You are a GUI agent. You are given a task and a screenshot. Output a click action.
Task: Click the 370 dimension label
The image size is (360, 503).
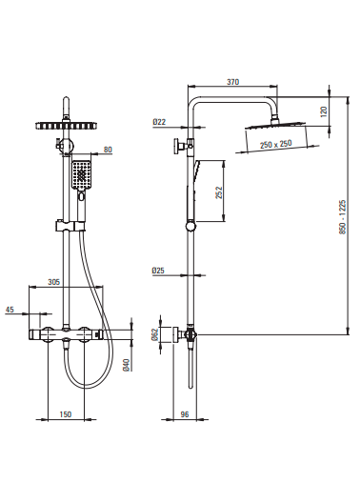click(x=233, y=82)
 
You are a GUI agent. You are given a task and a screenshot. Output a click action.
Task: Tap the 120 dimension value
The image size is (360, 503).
click(x=324, y=111)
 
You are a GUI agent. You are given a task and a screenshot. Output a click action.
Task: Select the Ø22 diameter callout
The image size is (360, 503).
click(x=159, y=122)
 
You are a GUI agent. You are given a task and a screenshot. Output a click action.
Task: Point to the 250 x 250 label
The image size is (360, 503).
click(x=275, y=144)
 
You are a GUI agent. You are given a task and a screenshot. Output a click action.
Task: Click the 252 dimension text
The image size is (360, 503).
click(x=219, y=192)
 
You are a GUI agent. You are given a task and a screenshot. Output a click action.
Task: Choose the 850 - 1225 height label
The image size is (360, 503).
click(x=343, y=217)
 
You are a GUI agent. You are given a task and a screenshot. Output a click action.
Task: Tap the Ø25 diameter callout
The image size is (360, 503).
click(x=158, y=271)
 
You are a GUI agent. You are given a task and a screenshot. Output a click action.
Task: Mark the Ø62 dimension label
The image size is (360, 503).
click(x=154, y=334)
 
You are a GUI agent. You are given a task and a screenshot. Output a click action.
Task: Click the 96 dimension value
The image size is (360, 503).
click(x=185, y=414)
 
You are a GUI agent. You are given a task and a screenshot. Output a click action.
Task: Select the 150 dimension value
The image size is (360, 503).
click(x=66, y=414)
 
